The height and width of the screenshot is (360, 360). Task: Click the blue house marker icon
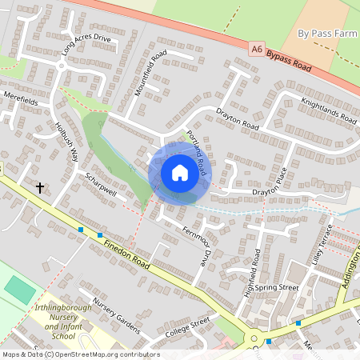[179, 173]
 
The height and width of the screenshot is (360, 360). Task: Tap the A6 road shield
[257, 49]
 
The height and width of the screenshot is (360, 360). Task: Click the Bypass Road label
[290, 61]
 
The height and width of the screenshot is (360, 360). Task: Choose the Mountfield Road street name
[150, 73]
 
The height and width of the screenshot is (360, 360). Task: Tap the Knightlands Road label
[329, 110]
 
